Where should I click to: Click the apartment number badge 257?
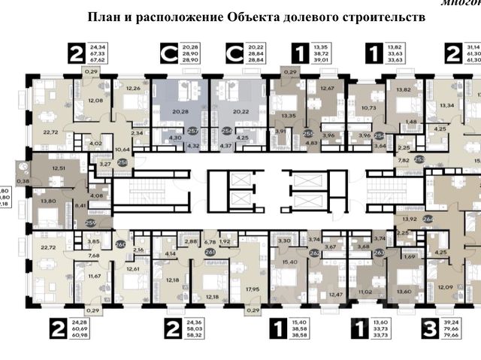coord(193,130)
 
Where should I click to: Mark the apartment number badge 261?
coord(210,252)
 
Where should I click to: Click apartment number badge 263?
coord(379,253)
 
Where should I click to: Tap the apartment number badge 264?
coord(428,219)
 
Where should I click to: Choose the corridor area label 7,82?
coord(403,160)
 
